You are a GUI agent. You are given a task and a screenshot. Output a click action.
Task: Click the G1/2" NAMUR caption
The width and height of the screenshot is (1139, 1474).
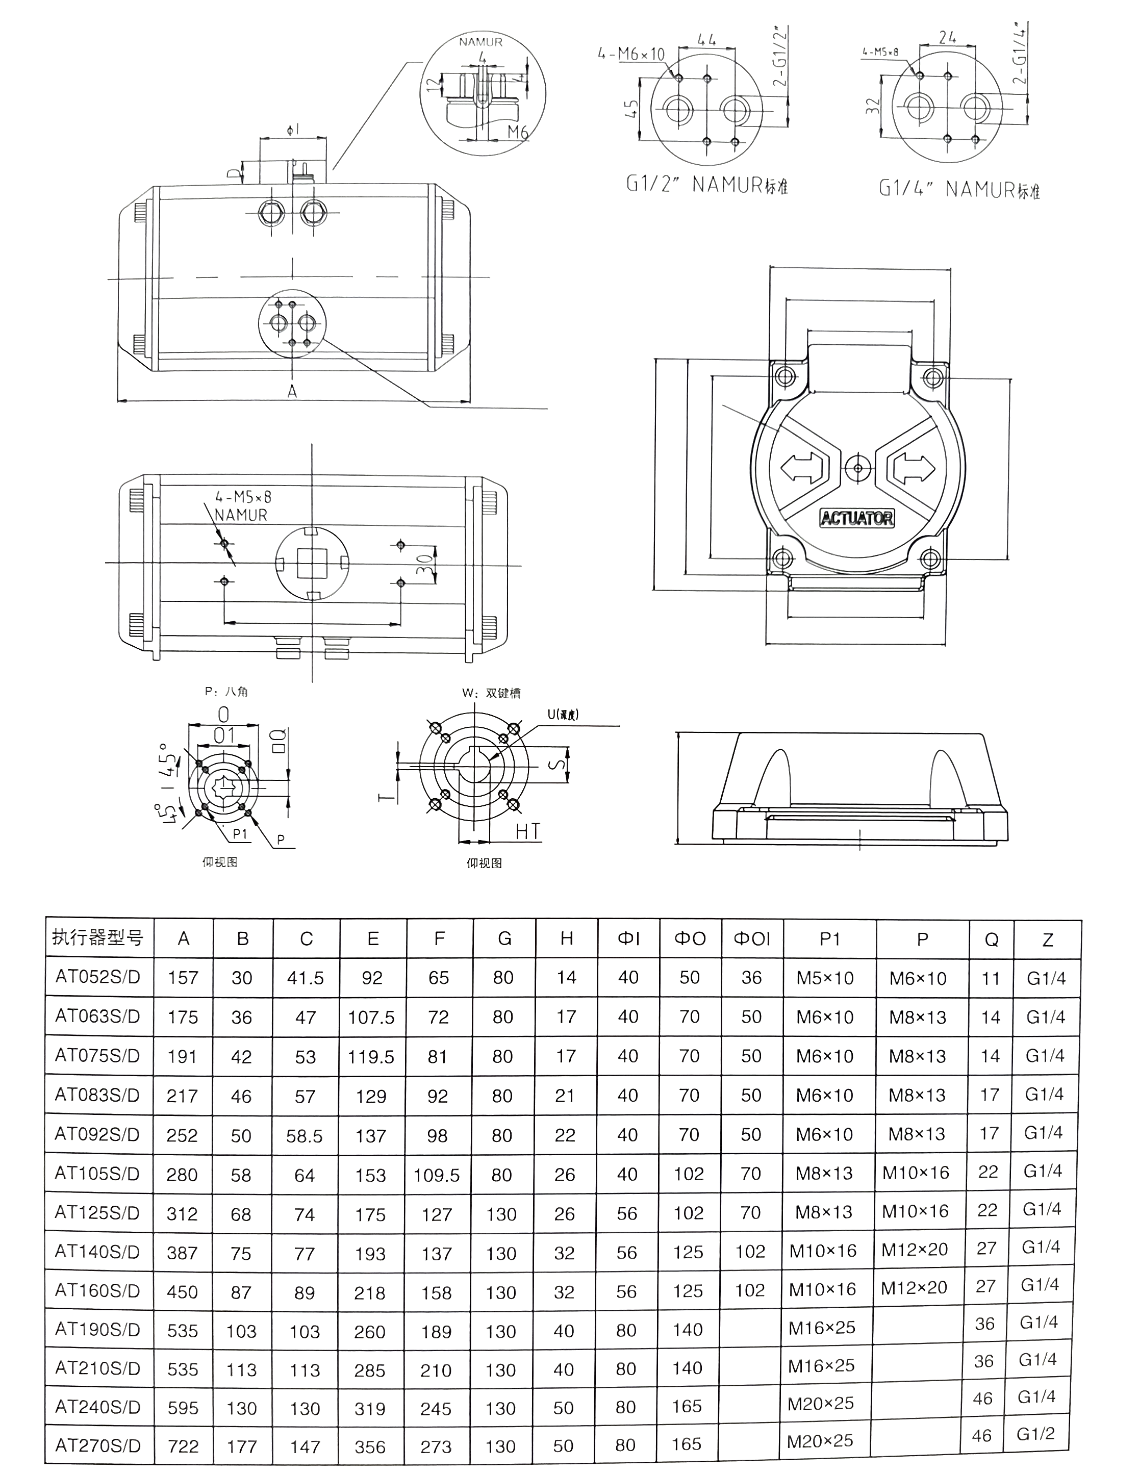(x=707, y=184)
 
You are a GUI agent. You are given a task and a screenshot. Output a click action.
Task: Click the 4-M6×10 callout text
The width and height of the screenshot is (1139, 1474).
(x=631, y=54)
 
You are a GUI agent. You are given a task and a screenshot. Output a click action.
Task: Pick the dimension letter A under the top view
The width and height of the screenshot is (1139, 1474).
(x=292, y=391)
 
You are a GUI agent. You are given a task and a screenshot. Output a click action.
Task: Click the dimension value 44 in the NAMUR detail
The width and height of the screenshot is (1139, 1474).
(x=706, y=39)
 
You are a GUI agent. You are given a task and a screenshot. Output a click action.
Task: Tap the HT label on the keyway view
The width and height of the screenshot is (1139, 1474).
(x=527, y=831)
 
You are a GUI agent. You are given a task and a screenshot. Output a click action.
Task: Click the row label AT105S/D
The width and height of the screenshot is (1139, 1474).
(x=97, y=1174)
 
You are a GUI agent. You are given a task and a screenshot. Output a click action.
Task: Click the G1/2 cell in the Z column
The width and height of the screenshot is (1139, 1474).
(x=1035, y=1434)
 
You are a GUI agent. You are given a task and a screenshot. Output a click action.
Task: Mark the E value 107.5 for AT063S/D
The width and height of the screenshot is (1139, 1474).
(x=371, y=1017)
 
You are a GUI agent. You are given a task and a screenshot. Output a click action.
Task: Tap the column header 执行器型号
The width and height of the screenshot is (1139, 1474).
(x=98, y=937)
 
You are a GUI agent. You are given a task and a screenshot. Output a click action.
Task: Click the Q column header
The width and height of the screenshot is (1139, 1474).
(x=991, y=939)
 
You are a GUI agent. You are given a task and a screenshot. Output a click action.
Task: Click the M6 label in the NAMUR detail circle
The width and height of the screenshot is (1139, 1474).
(x=518, y=132)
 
